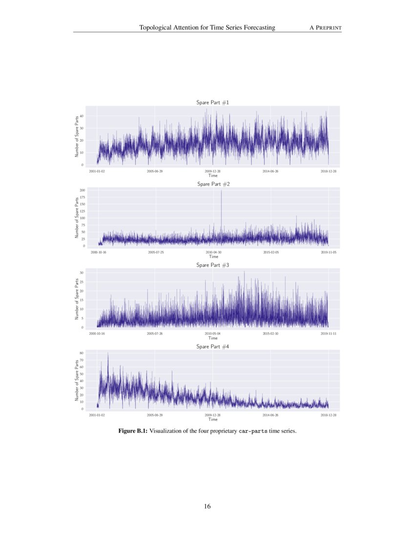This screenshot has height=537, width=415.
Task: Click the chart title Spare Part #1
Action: click(x=212, y=103)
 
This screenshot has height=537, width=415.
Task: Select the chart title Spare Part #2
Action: click(x=213, y=184)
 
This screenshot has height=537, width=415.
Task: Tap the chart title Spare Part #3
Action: click(x=213, y=265)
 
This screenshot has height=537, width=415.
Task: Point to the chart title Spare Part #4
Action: click(x=212, y=347)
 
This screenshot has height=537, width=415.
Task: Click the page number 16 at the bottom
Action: click(x=207, y=506)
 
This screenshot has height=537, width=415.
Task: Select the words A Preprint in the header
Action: click(x=326, y=28)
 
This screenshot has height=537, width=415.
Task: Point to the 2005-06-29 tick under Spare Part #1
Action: click(x=155, y=171)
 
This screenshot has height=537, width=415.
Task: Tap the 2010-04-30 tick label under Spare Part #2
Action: click(x=213, y=252)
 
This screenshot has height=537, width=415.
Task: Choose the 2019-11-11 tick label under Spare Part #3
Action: click(x=329, y=334)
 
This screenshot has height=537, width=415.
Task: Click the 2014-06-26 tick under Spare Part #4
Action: click(x=270, y=415)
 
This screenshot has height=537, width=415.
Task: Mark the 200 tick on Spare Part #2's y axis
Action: click(x=83, y=190)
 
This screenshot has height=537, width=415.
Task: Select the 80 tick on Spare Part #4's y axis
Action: click(x=83, y=353)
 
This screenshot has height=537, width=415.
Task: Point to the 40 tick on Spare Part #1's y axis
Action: click(x=83, y=116)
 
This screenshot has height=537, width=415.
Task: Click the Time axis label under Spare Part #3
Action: click(x=213, y=338)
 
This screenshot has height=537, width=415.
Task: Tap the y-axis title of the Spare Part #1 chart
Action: click(x=77, y=136)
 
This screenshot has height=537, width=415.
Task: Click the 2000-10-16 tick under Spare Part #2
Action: click(x=99, y=252)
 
